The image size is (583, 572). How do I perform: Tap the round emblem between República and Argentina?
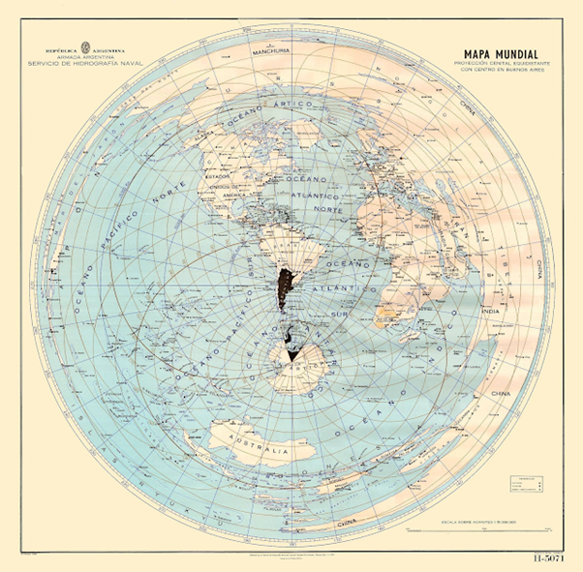pos(84,47)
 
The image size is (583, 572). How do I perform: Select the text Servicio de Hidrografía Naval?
pos(85,64)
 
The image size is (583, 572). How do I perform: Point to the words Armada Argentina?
pos(85,57)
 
